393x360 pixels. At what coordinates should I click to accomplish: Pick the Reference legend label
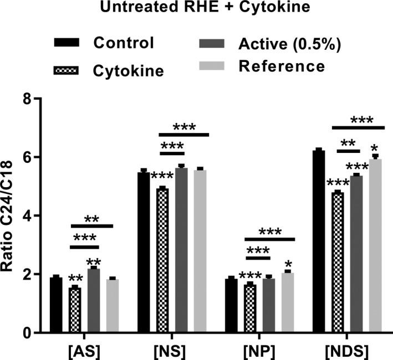tap(281, 66)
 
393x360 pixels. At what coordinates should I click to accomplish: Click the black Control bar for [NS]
tap(144, 253)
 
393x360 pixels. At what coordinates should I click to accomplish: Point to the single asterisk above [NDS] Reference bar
tap(375, 148)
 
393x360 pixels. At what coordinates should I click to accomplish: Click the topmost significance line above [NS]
tap(184, 135)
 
